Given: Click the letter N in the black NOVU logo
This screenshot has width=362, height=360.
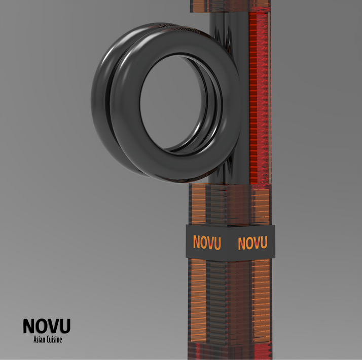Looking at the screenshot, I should pyautogui.click(x=29, y=326).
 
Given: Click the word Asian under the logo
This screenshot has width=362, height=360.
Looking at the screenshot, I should pyautogui.click(x=40, y=340).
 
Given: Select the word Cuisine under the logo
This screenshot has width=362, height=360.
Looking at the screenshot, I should pyautogui.click(x=55, y=340).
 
